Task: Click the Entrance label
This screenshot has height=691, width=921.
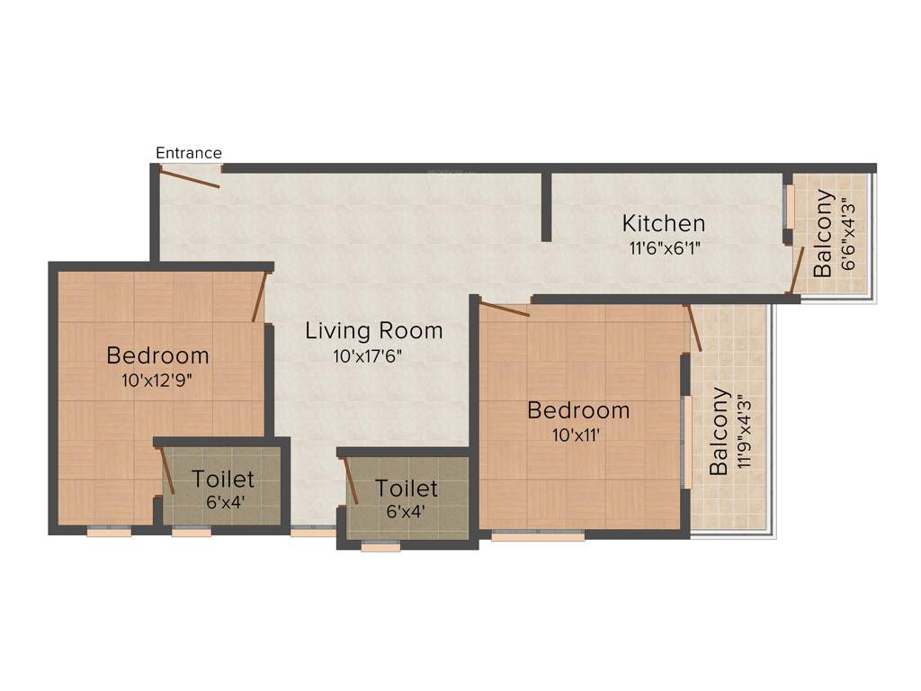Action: coord(189,153)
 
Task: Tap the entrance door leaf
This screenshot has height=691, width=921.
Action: coord(190,178)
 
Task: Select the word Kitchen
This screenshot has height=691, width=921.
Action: coord(664,223)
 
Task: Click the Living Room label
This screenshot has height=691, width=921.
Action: coord(374,330)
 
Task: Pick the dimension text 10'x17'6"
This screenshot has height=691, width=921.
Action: coord(367,355)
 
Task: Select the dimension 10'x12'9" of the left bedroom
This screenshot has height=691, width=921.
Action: coord(157,380)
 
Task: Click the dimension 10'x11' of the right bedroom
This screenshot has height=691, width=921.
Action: coord(577,435)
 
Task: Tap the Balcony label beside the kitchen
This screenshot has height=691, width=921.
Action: coord(823,232)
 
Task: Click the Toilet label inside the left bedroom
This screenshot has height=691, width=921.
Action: coord(223,480)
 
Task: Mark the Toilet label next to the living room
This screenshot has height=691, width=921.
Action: coord(407,489)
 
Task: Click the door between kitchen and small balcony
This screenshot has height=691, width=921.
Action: coord(796,269)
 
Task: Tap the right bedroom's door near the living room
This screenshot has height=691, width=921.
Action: coord(505,310)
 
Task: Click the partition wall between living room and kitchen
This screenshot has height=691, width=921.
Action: coord(546,207)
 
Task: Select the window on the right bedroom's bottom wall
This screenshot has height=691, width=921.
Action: coord(538,535)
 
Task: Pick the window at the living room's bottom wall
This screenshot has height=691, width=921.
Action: coord(313,532)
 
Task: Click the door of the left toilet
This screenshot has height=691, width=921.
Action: coord(167,470)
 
